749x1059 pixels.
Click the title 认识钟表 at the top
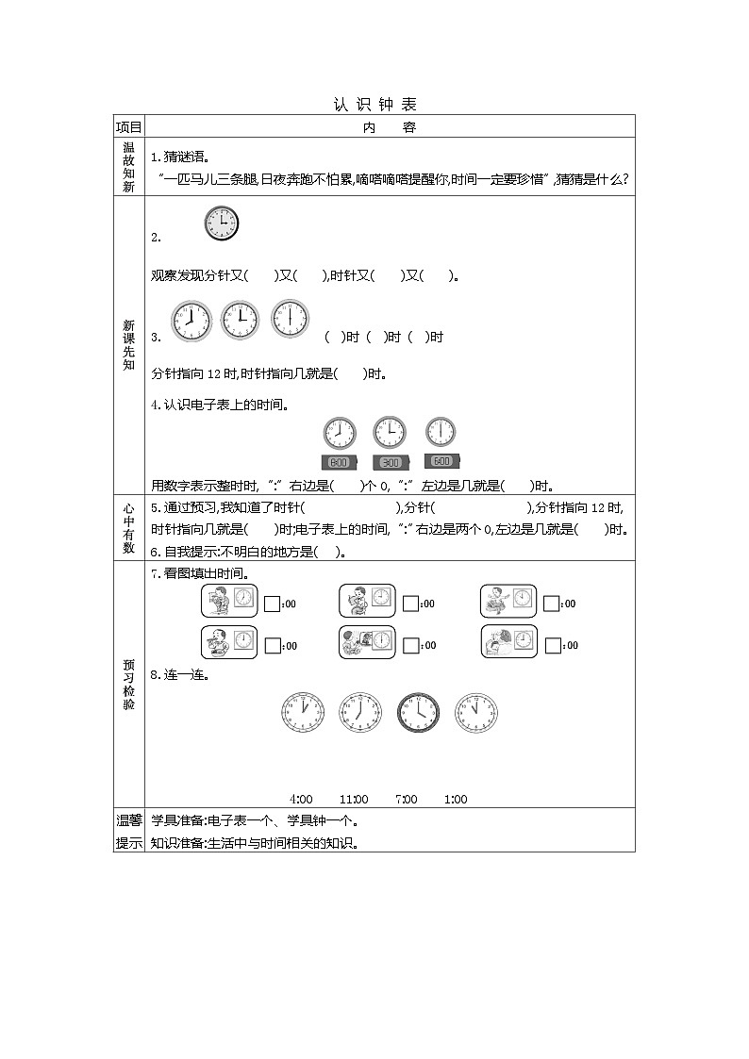pos(374,105)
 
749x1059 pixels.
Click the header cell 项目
pos(128,127)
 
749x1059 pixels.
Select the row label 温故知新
pos(128,167)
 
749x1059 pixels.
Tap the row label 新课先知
pos(128,345)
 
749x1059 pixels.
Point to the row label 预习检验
pos(128,684)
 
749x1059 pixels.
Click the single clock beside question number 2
pos(221,224)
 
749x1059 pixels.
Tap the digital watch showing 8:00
pos(339,462)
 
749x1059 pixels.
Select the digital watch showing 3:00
pos(389,462)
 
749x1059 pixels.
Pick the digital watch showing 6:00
pos(441,462)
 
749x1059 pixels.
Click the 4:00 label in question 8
pos(301,800)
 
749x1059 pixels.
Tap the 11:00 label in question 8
pos(354,800)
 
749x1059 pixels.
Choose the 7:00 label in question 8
pos(406,800)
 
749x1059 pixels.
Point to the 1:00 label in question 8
pos(455,800)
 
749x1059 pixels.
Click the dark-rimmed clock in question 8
pos(418,713)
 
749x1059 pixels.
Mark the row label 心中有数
pos(128,528)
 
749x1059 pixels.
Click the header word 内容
pos(389,127)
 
